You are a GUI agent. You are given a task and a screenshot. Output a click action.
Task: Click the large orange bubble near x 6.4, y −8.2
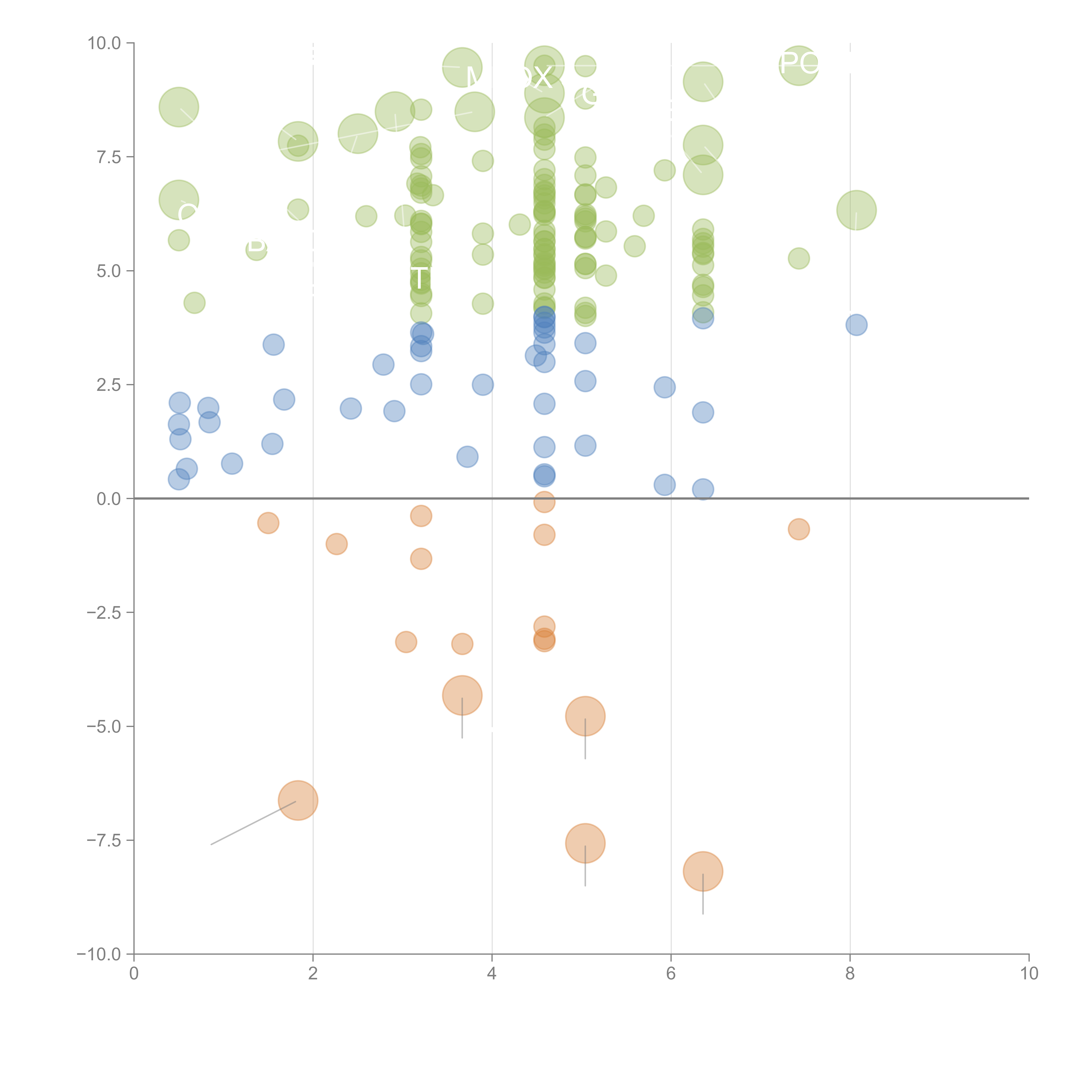coord(703,871)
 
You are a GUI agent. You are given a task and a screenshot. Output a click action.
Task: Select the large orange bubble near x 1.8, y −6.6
coord(298,800)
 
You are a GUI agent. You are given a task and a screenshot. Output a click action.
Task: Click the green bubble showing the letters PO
coord(798,65)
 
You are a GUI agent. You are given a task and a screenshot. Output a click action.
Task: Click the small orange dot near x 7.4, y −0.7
coord(798,529)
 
